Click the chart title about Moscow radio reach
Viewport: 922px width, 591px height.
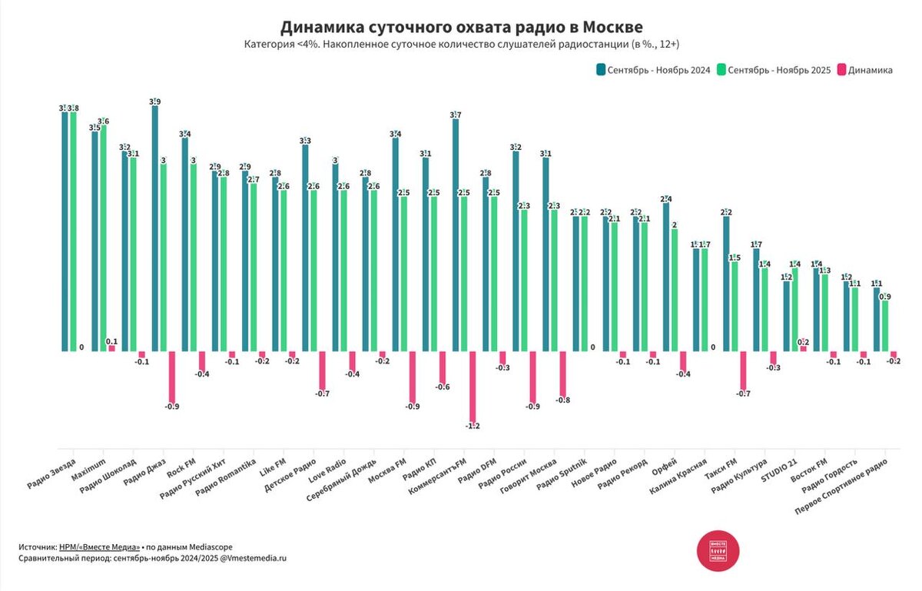coord(461,28)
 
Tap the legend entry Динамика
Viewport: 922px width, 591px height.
coord(870,70)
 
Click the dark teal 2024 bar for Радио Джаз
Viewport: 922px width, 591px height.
coord(154,231)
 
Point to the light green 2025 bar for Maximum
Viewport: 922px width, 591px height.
coord(103,238)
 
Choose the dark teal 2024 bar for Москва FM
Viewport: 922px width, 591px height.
coord(395,246)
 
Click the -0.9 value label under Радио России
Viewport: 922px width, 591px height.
coord(531,406)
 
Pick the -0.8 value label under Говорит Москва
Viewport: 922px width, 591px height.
coord(562,400)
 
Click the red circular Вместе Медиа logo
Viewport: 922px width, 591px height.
coord(718,550)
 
